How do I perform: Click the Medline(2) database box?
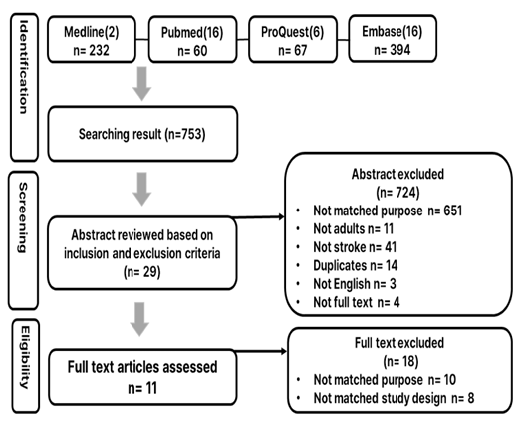(92, 40)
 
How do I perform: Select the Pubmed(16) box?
(192, 40)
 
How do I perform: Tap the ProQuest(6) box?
(293, 39)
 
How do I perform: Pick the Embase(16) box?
(393, 39)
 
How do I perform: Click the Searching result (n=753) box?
(142, 134)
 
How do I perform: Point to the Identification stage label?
(24, 88)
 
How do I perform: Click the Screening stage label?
(23, 240)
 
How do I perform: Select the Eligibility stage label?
(25, 366)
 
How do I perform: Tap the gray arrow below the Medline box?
(141, 83)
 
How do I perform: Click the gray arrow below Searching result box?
(141, 189)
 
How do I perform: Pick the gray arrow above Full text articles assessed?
(139, 319)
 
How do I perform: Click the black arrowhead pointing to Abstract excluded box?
(281, 216)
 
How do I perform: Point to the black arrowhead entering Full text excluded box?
(283, 351)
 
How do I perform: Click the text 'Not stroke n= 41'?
(355, 247)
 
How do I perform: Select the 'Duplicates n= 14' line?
(356, 265)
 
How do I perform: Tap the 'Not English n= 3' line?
(355, 284)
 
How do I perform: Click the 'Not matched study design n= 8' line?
(394, 398)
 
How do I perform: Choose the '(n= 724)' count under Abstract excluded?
(397, 193)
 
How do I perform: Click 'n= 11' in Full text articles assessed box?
(142, 388)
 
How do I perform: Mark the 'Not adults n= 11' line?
(354, 229)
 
